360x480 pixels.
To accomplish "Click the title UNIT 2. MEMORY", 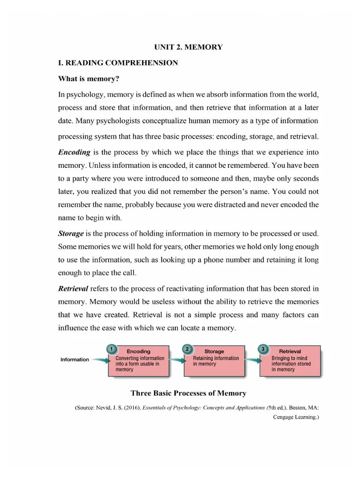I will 188,47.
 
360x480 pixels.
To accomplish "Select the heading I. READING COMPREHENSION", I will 118,63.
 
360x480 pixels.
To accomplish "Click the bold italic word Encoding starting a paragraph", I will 74,152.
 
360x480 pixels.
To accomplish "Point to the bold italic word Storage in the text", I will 71,233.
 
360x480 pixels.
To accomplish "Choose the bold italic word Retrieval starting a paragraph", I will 73,288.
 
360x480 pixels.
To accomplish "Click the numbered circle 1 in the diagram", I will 111,349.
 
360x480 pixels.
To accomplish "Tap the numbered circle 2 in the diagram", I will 187,349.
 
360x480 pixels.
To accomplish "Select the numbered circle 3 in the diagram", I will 263,349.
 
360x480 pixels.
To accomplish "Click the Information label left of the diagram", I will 75,360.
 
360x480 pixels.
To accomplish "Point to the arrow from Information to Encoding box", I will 99,360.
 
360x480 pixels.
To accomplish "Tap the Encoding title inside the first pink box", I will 139,351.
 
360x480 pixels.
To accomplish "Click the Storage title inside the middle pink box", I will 214,351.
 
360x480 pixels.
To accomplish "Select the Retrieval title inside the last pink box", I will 290,351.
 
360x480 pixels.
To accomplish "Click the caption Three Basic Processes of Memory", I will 188,393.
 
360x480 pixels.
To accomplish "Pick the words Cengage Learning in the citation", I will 295,417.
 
